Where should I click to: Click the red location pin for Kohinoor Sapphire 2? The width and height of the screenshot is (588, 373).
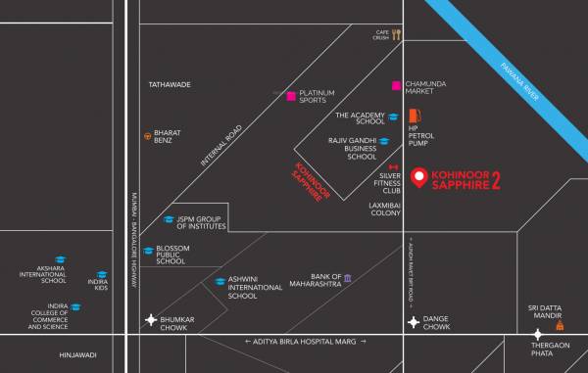(x=419, y=177)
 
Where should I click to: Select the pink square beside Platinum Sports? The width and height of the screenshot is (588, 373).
(x=291, y=96)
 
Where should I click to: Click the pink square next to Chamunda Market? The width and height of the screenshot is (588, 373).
(x=396, y=85)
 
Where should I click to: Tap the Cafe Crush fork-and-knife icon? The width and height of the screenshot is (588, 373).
(x=397, y=34)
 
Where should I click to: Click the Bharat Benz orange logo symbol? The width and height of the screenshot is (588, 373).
(x=148, y=135)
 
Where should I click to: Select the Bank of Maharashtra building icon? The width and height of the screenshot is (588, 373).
(x=348, y=279)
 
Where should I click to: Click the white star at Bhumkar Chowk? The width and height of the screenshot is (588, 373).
(x=150, y=320)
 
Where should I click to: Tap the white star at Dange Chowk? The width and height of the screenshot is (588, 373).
(x=414, y=320)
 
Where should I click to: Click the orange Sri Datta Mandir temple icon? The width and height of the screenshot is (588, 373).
(x=560, y=316)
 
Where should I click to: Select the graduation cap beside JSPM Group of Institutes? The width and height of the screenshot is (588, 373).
(x=169, y=219)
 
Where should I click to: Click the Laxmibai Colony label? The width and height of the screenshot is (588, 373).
(x=383, y=210)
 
